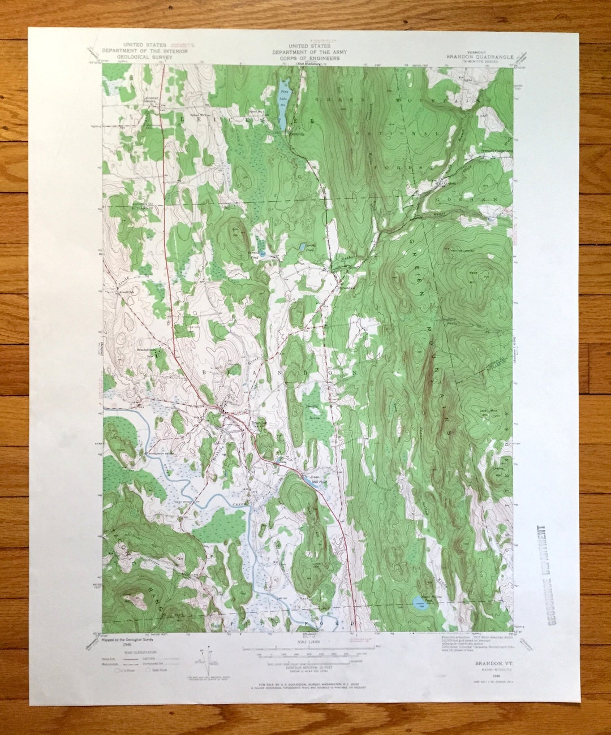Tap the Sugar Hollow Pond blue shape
[419, 603]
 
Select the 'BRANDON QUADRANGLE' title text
[480, 57]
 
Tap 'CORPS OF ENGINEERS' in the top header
[306, 58]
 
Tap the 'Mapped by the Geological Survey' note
[128, 639]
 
